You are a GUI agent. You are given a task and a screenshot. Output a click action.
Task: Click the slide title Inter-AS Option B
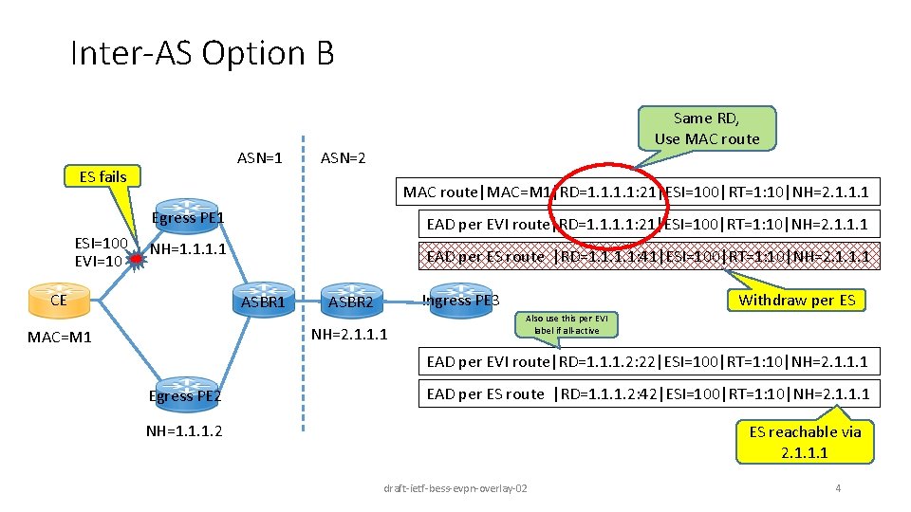(x=202, y=53)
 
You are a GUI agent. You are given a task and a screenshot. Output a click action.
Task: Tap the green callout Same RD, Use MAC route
(x=706, y=128)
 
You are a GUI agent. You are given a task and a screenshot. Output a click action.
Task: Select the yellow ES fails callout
(x=102, y=176)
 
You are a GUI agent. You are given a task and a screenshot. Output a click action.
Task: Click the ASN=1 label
(x=259, y=158)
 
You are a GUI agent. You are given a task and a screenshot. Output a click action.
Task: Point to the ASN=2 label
(x=343, y=158)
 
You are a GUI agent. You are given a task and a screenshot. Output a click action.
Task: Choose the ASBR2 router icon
(x=350, y=297)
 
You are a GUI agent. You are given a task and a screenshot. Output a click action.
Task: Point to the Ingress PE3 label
(x=460, y=301)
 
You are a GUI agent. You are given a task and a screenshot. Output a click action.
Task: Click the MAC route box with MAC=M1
(x=637, y=192)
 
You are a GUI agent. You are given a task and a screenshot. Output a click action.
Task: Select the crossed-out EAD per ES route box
(x=648, y=256)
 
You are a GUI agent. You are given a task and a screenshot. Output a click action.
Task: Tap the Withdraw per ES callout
(x=795, y=301)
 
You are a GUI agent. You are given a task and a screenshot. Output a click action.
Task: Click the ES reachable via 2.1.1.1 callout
(x=805, y=442)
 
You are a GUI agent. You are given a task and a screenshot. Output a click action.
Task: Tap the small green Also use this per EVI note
(x=567, y=324)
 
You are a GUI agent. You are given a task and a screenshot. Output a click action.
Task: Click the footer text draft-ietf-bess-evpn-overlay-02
(x=455, y=488)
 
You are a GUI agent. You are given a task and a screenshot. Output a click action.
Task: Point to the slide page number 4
(x=837, y=488)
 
